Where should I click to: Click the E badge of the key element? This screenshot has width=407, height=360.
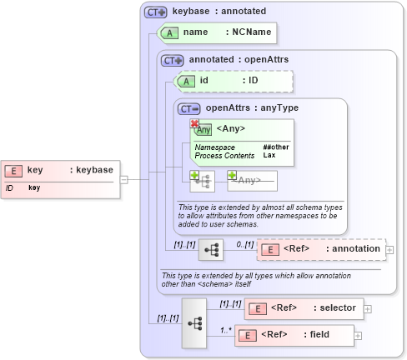point(13,170)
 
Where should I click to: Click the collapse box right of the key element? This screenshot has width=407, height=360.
point(123,178)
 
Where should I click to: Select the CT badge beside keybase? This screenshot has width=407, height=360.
point(155,12)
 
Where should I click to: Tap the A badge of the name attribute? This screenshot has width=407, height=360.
point(170,32)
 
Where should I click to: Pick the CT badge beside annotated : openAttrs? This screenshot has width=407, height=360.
point(173,61)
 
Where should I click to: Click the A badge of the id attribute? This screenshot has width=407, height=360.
point(187,81)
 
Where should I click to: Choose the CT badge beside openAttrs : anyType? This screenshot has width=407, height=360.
point(189,108)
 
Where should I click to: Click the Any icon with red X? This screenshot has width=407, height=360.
point(202,128)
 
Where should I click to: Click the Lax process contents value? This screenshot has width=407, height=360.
point(269,156)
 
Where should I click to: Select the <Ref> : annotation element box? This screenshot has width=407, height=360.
point(321,249)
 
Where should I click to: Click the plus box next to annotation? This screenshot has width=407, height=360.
point(389,249)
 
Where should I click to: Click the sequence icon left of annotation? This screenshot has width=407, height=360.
point(211,249)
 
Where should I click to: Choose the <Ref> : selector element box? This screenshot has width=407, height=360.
point(304,308)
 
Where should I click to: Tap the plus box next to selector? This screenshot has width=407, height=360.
point(368,308)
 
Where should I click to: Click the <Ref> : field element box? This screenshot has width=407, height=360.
point(295,336)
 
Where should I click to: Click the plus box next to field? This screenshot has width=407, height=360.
point(359,336)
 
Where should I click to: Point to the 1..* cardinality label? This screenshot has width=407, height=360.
point(225,329)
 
